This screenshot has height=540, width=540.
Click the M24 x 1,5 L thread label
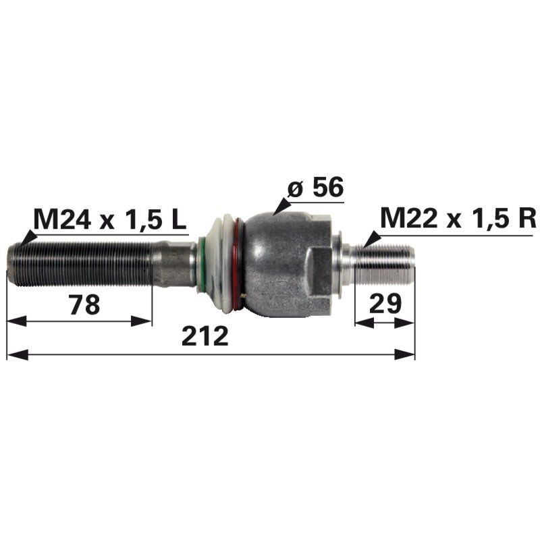coord(110,219)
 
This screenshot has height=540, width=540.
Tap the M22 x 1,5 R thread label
coord(458,217)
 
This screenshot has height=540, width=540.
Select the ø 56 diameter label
coord(315,188)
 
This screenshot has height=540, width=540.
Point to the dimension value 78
coord(84,304)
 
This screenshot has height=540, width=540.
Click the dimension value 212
coord(205,335)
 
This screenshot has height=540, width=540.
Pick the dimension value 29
coord(385,303)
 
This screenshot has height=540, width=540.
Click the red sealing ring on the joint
coord(238,265)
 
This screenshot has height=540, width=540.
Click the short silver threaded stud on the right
coord(385,263)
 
